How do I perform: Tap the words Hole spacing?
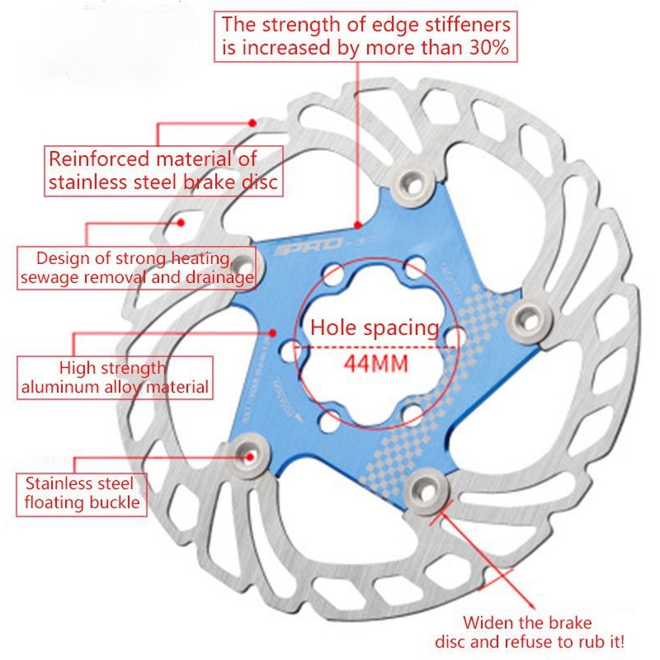pyautogui.click(x=374, y=328)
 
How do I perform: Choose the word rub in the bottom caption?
pyautogui.click(x=588, y=641)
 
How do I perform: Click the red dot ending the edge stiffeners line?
pyautogui.click(x=358, y=224)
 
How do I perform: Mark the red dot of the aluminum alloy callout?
pyautogui.click(x=272, y=333)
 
